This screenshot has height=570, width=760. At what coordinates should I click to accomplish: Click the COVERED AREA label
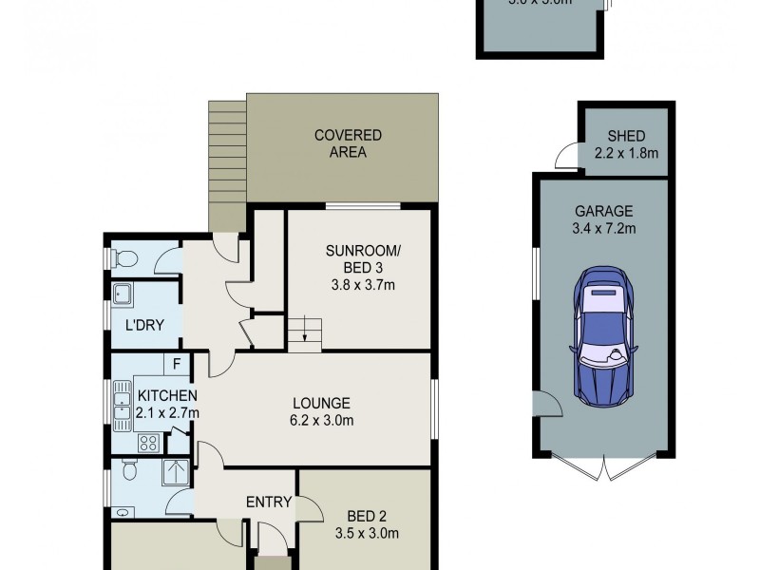348,143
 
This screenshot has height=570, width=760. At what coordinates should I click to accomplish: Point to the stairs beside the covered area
227,166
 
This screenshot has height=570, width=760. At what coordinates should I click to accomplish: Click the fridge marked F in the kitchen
176,363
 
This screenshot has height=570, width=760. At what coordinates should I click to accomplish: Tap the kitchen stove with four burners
149,442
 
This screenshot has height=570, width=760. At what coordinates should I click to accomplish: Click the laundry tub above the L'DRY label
123,295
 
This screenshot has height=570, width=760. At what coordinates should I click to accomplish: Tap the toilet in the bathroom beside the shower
130,469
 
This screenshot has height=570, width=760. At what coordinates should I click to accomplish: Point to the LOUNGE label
322,403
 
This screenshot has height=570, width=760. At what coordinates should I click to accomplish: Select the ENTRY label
268,502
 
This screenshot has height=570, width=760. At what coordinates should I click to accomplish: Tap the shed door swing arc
567,154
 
